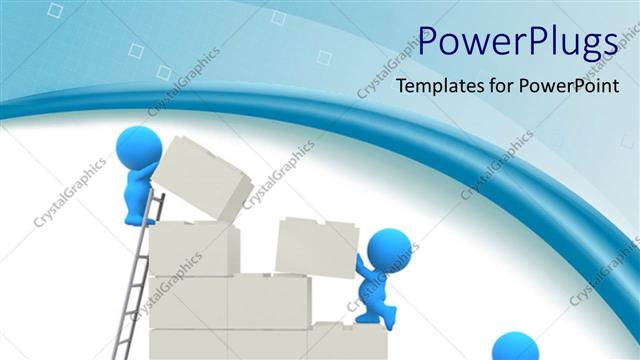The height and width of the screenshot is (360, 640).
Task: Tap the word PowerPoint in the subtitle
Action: [x=566, y=86]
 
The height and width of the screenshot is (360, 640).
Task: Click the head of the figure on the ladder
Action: [x=138, y=149]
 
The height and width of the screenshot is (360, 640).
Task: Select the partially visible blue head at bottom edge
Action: [x=516, y=347]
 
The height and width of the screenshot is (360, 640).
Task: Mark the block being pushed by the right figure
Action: [x=314, y=244]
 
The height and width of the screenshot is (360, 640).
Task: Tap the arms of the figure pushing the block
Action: [x=362, y=265]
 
